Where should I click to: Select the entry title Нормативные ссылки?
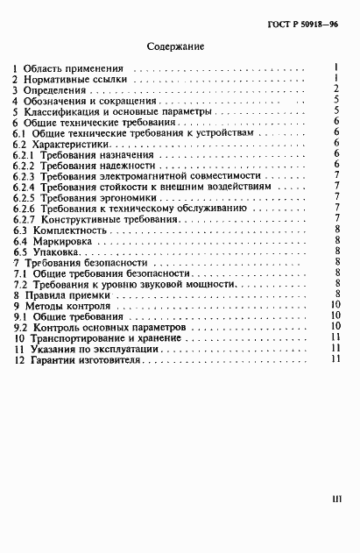76,78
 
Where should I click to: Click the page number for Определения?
336,89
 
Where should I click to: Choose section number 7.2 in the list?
21,285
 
